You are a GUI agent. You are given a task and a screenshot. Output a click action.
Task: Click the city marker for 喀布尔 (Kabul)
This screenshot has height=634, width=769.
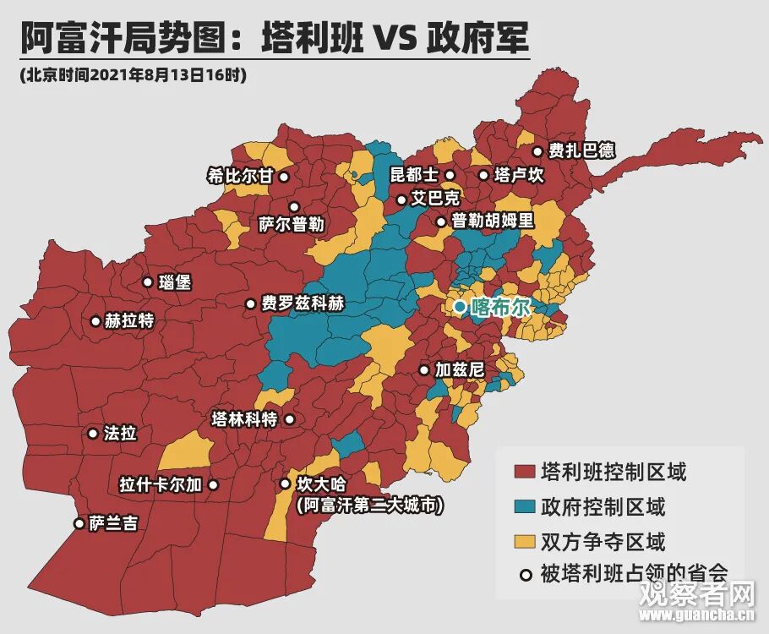pyautogui.click(x=459, y=307)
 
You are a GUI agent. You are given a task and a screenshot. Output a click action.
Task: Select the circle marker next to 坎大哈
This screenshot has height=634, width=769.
pyautogui.click(x=284, y=484)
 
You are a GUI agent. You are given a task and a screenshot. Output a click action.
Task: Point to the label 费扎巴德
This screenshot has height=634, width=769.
pyautogui.click(x=581, y=151)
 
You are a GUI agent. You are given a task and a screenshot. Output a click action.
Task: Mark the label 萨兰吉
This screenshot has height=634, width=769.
pyautogui.click(x=113, y=524)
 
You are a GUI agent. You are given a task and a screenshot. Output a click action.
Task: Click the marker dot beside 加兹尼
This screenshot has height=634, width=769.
pyautogui.click(x=423, y=370)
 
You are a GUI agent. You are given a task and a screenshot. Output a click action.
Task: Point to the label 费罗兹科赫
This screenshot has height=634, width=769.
pyautogui.click(x=303, y=304)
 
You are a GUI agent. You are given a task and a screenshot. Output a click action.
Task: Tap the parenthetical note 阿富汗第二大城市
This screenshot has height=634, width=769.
pyautogui.click(x=370, y=505)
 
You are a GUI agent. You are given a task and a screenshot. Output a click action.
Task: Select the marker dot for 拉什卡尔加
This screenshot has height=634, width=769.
pyautogui.click(x=213, y=485)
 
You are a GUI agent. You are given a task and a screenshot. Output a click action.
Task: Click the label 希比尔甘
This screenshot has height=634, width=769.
pyautogui.click(x=241, y=177)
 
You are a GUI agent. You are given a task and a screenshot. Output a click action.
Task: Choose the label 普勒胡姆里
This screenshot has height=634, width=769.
pyautogui.click(x=493, y=221)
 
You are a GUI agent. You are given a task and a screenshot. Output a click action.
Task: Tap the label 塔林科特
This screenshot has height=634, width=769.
pyautogui.click(x=244, y=419)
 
